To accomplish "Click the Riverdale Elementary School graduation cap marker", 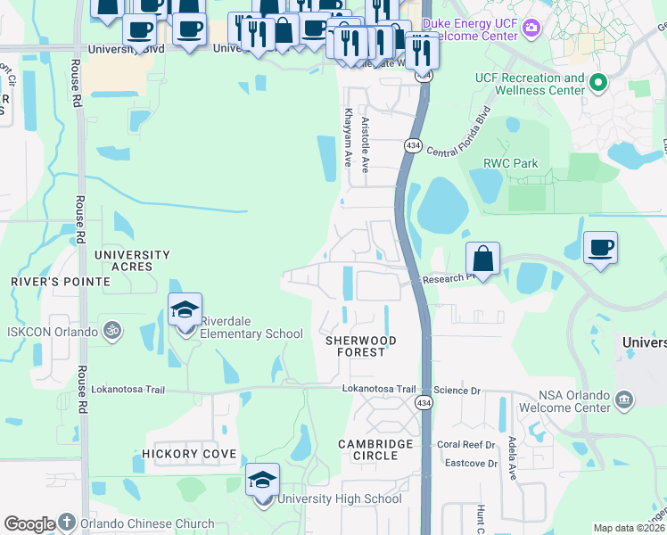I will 185,311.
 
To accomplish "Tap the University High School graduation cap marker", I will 262,481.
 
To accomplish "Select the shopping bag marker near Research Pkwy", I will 482,260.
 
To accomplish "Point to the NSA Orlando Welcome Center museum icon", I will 623,398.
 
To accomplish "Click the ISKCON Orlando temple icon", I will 111,331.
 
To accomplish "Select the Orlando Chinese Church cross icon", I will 68,523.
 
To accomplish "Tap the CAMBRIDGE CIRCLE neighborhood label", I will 375,449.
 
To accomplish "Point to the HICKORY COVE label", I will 189,454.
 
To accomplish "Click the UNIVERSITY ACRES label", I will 132,260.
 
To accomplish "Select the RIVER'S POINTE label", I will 61,281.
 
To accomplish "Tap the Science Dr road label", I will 459,391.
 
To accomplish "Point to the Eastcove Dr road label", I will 471,463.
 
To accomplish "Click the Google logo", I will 29,524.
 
